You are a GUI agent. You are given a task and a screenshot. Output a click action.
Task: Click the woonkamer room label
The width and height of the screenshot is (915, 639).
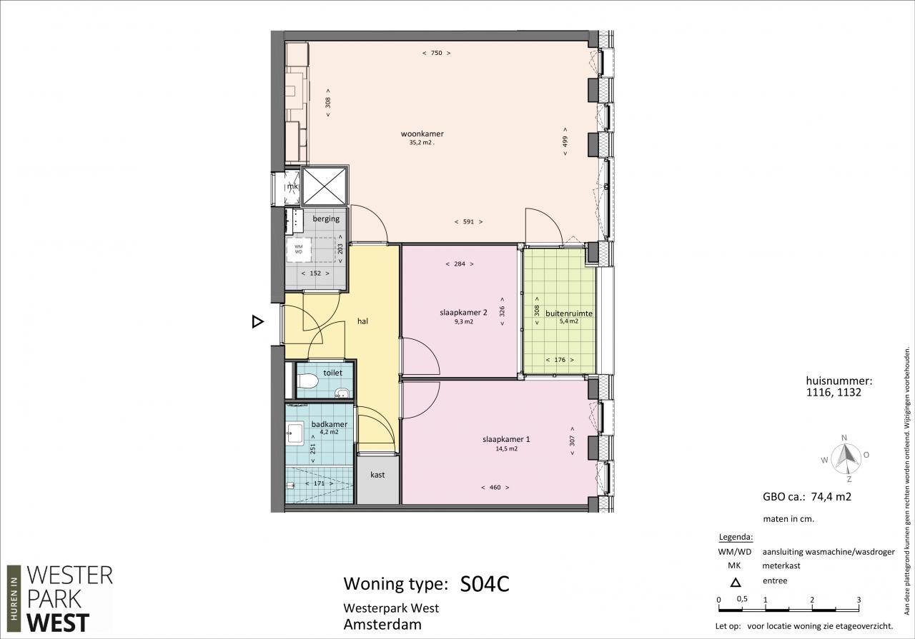tap(422, 134)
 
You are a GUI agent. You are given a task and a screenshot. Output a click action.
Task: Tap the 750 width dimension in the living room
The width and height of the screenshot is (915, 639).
tap(437, 53)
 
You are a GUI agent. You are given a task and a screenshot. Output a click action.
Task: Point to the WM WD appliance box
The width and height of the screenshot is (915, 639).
tap(299, 249)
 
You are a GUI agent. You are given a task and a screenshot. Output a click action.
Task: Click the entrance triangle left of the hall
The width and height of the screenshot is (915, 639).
tap(258, 322)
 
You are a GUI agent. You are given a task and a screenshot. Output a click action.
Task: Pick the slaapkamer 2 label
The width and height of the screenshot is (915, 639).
tap(463, 313)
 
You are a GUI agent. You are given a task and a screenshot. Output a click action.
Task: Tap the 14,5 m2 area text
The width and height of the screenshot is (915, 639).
tap(507, 449)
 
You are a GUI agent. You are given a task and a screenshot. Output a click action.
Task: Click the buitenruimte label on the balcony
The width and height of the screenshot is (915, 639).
tap(569, 313)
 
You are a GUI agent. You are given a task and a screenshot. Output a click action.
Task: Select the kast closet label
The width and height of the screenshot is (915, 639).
tap(377, 475)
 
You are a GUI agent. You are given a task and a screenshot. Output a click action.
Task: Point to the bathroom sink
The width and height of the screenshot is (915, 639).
tap(295, 433)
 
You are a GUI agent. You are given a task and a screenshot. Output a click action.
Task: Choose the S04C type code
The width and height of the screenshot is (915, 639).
tap(485, 584)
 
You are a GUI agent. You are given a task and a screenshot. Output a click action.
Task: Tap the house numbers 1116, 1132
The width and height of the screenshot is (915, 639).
tap(834, 393)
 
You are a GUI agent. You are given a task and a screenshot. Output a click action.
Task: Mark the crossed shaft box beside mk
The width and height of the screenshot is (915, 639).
tap(324, 186)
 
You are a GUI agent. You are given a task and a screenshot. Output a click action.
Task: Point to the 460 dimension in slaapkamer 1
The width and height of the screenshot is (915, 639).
tap(495, 488)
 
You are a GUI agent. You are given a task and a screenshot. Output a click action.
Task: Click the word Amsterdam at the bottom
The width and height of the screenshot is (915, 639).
tap(382, 624)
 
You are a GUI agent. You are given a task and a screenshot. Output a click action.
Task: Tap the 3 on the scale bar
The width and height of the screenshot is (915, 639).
tap(859, 600)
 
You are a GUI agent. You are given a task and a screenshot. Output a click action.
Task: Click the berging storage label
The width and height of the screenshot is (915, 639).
tap(326, 218)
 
